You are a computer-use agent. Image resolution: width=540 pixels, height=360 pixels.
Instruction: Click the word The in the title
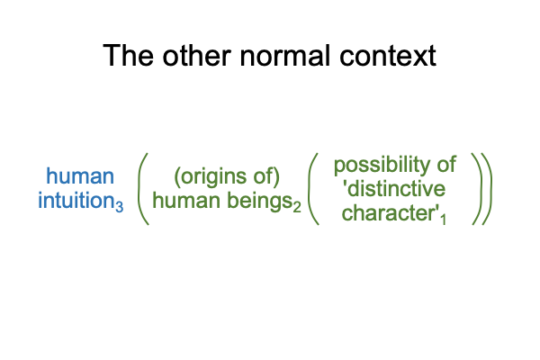(128, 56)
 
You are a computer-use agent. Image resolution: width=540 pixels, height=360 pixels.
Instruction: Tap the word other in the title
(196, 56)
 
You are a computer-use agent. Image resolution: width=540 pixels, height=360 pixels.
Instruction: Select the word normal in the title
(284, 56)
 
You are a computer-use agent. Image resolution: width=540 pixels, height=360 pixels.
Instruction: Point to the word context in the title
(388, 56)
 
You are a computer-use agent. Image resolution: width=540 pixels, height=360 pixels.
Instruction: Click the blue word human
(80, 176)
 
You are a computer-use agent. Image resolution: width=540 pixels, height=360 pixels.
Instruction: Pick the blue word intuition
(76, 201)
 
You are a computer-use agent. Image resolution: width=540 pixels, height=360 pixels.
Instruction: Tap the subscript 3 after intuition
(119, 206)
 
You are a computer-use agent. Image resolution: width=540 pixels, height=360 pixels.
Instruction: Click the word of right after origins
(264, 176)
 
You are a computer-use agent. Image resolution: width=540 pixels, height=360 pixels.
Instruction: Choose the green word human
(187, 201)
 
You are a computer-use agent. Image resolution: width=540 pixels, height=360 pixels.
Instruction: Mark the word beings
(260, 202)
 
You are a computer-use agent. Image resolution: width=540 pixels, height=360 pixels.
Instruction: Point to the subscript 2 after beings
(297, 206)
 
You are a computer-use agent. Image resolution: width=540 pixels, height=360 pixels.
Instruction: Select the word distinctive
(396, 189)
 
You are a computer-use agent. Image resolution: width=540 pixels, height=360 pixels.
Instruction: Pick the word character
(389, 213)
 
